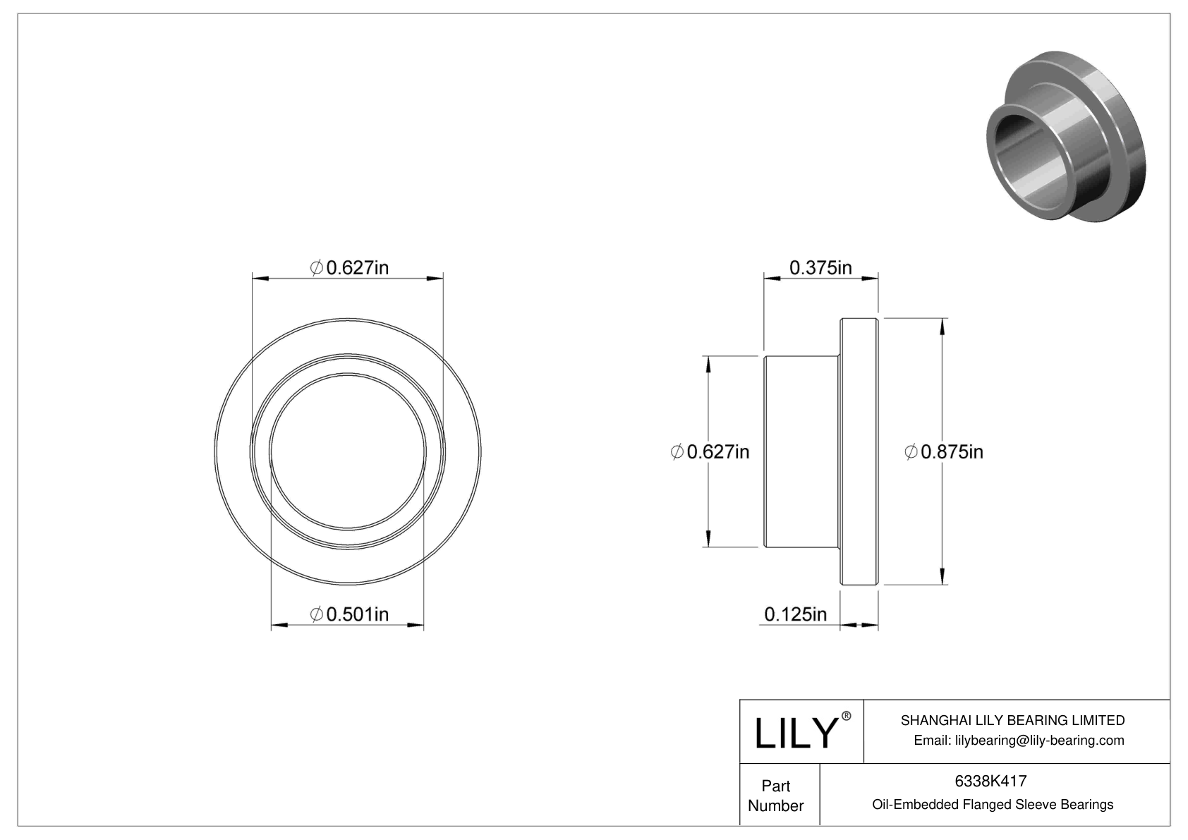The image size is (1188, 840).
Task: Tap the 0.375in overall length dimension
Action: (820, 268)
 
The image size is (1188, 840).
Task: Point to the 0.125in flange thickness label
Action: (795, 614)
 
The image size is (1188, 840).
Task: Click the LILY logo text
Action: (795, 734)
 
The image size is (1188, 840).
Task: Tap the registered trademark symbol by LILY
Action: (847, 717)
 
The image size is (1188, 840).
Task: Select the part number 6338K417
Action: (990, 781)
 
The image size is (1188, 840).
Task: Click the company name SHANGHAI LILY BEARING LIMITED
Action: (1012, 720)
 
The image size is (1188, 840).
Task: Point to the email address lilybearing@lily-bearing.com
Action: (1019, 740)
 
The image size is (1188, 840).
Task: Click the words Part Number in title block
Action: (776, 796)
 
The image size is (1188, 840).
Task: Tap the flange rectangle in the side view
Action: (859, 451)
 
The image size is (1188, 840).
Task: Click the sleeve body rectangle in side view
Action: (802, 451)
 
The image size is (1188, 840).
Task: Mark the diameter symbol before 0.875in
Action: (911, 451)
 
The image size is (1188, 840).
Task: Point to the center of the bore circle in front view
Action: (348, 451)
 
